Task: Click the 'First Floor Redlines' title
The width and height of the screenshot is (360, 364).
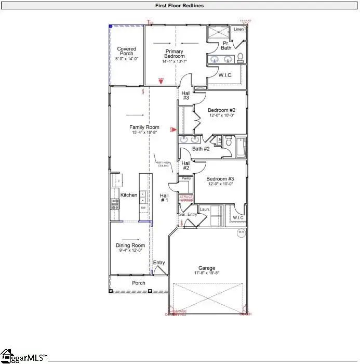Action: [179, 5]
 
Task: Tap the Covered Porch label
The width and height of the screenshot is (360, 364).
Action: [126, 51]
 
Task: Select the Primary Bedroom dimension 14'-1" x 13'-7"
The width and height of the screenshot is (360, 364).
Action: [175, 61]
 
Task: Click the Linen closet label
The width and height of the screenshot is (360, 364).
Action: [239, 29]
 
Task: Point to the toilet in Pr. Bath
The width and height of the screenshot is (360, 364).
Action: [241, 57]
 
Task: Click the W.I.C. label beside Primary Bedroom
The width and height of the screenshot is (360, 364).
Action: [225, 75]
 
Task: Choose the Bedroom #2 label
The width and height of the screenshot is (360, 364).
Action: [222, 110]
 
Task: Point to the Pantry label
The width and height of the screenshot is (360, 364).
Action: [186, 178]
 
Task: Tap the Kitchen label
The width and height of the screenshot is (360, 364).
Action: [129, 195]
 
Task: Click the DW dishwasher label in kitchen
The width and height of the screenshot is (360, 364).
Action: [143, 207]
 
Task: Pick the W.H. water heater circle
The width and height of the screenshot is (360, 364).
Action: [242, 233]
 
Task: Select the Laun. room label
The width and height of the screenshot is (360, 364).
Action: [204, 210]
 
